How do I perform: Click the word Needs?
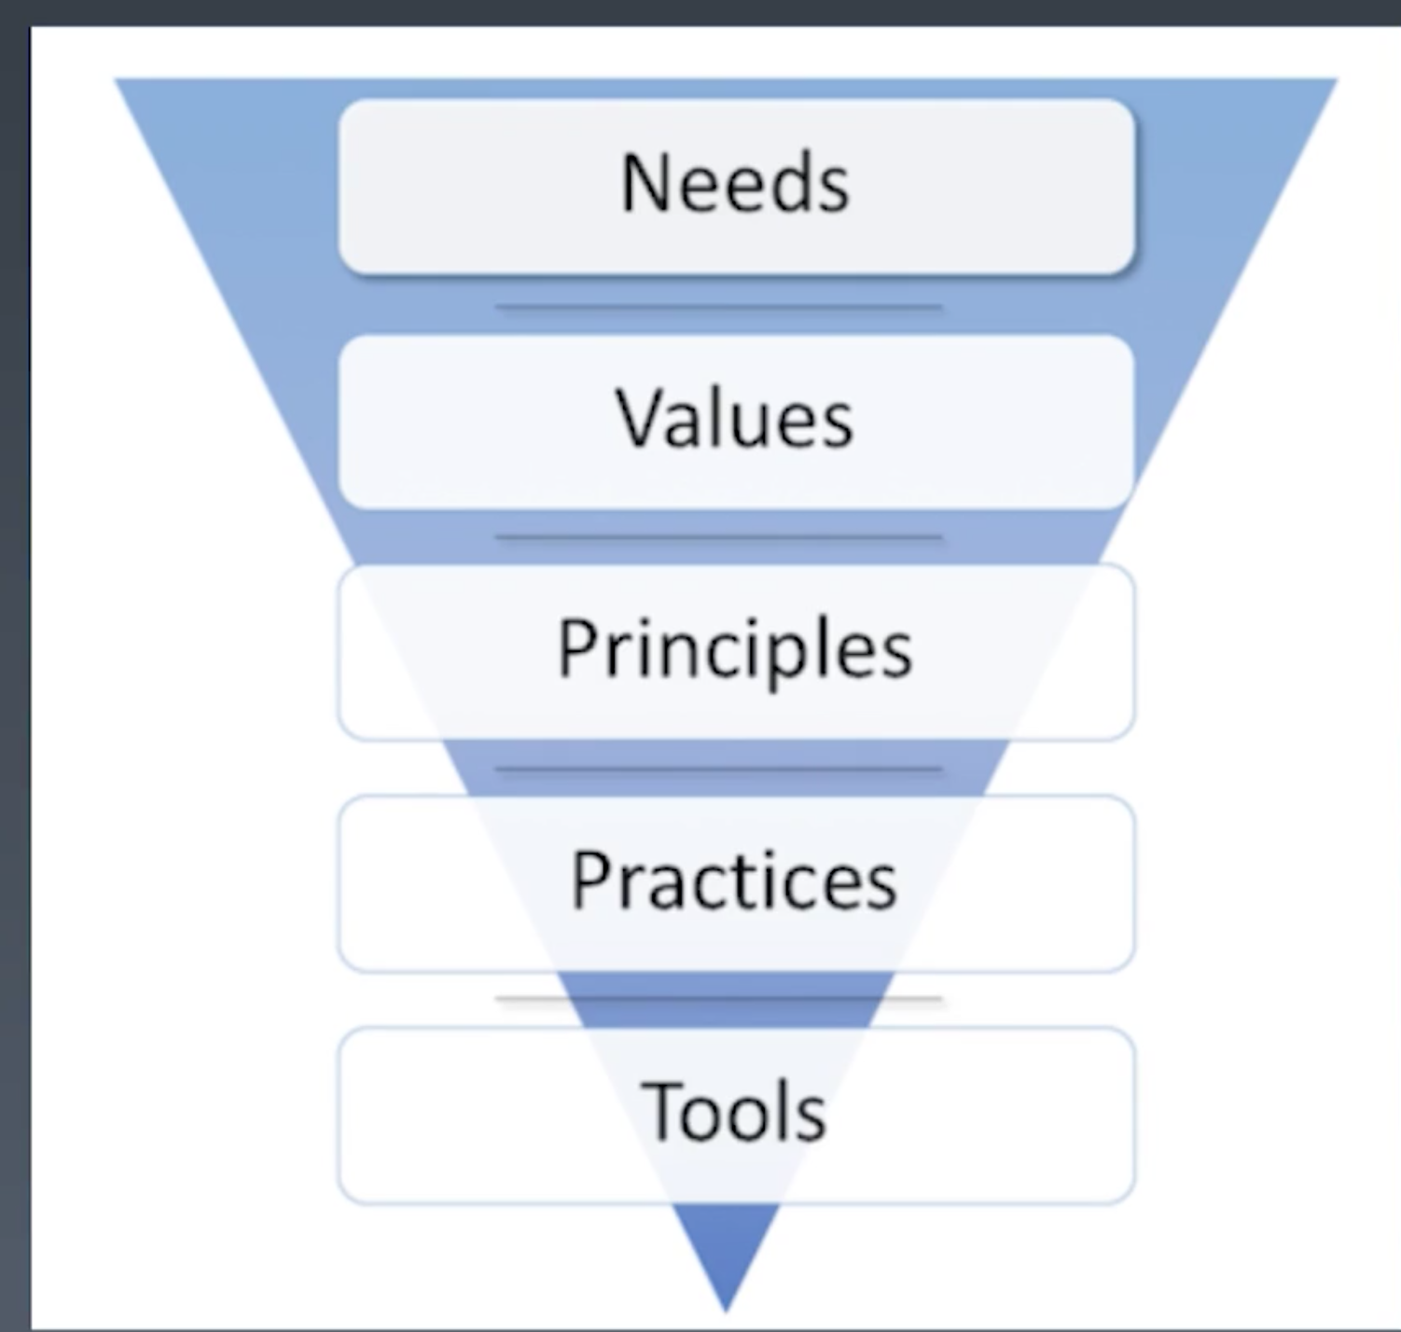(x=735, y=184)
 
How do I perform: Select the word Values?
(x=734, y=419)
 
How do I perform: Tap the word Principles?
(x=734, y=650)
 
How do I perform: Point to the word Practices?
(x=734, y=881)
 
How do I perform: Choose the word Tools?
(x=734, y=1112)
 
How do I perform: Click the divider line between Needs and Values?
(x=718, y=306)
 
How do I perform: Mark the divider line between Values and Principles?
(x=718, y=537)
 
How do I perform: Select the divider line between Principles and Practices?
(x=718, y=770)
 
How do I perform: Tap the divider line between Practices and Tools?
(x=718, y=998)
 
